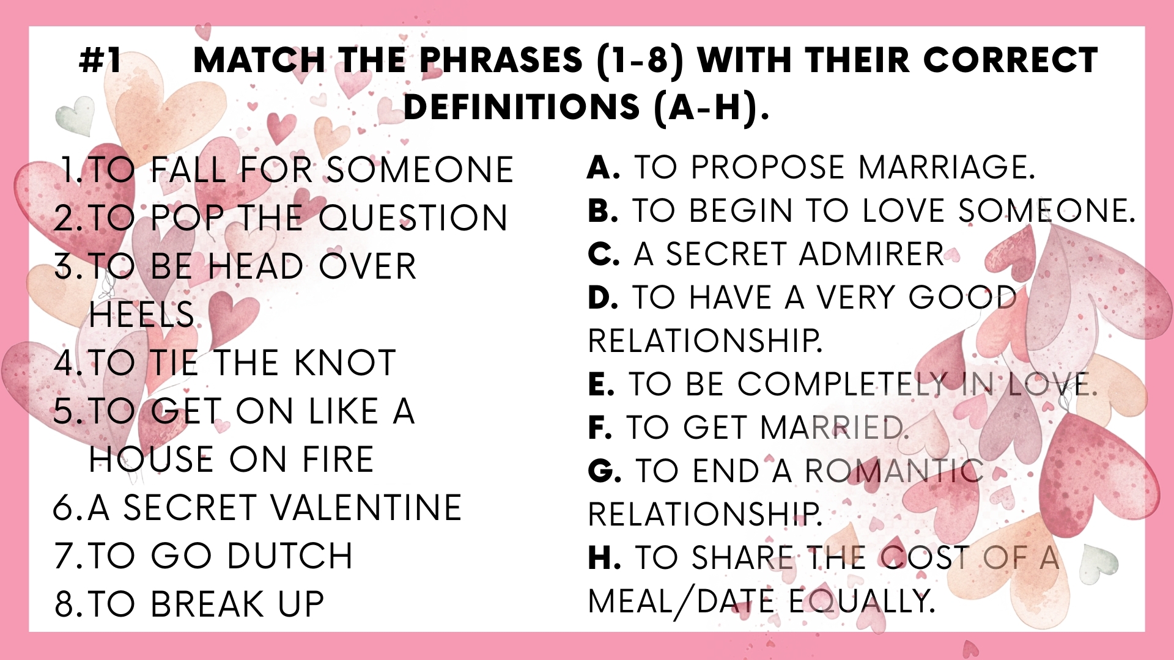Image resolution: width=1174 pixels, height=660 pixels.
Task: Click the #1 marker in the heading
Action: pos(101,61)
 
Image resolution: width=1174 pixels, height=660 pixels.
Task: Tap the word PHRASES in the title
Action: pos(501,60)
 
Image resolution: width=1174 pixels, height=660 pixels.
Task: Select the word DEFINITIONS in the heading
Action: pos(522,108)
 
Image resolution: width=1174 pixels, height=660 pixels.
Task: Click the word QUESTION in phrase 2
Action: pos(413,218)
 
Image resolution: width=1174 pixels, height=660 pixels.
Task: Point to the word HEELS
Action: pos(142,314)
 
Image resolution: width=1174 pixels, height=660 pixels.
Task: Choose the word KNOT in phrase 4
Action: pos(345,362)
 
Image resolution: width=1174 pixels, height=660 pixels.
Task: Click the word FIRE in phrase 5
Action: pos(338,459)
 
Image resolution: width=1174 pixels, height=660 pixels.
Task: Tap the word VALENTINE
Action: pos(366,507)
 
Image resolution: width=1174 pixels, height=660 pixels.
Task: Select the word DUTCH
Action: pos(290,555)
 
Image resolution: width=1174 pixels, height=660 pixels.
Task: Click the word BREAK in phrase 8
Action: pos(207,604)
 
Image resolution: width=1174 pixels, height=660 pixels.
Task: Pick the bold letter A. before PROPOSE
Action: pos(604,167)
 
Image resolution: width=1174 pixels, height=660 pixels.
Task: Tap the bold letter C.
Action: pos(604,254)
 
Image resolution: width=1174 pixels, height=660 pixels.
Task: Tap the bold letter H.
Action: pos(605,557)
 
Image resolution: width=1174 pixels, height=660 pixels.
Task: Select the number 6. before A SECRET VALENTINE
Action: pos(67,507)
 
